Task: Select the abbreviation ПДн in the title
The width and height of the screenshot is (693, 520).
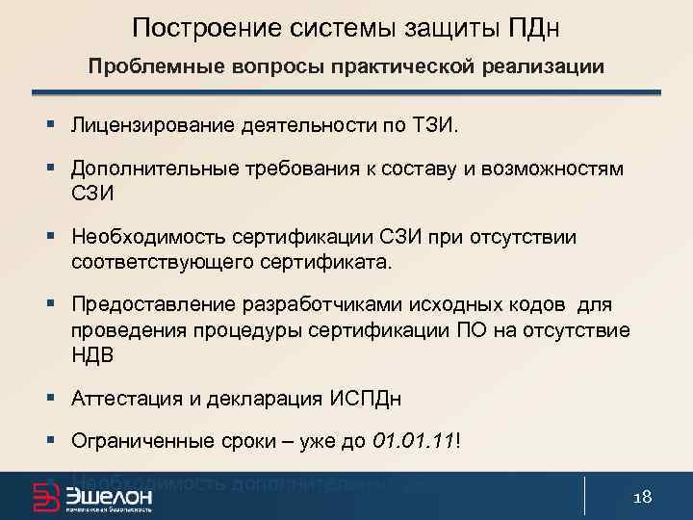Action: [532, 28]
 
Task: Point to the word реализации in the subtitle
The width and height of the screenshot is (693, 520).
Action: [552, 67]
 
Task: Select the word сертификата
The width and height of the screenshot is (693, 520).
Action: [334, 261]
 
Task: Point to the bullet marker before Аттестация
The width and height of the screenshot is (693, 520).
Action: [49, 398]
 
